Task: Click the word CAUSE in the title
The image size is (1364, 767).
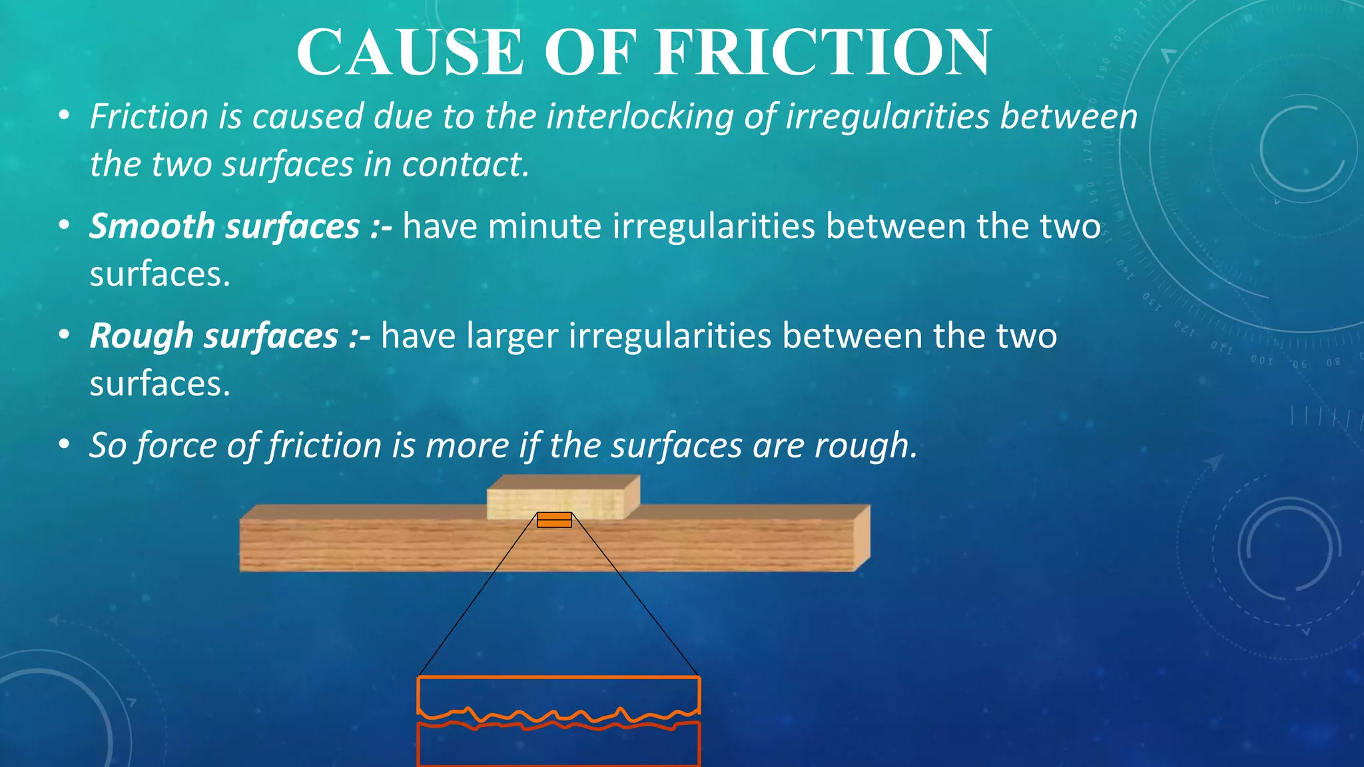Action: [x=410, y=53]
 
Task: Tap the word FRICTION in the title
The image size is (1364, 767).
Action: [x=823, y=53]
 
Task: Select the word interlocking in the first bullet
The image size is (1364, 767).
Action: [x=639, y=117]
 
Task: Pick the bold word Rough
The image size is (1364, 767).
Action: [x=141, y=336]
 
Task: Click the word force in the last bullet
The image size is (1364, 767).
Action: [x=176, y=445]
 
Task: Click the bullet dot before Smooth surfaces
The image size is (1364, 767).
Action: [x=64, y=226]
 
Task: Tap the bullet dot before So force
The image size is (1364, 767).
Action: [x=64, y=444]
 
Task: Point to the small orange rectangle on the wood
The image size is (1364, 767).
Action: [x=554, y=520]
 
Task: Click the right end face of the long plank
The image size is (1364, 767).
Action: [x=862, y=537]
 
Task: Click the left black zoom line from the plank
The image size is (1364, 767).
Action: [x=477, y=596]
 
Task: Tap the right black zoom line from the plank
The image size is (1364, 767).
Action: [x=636, y=596]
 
